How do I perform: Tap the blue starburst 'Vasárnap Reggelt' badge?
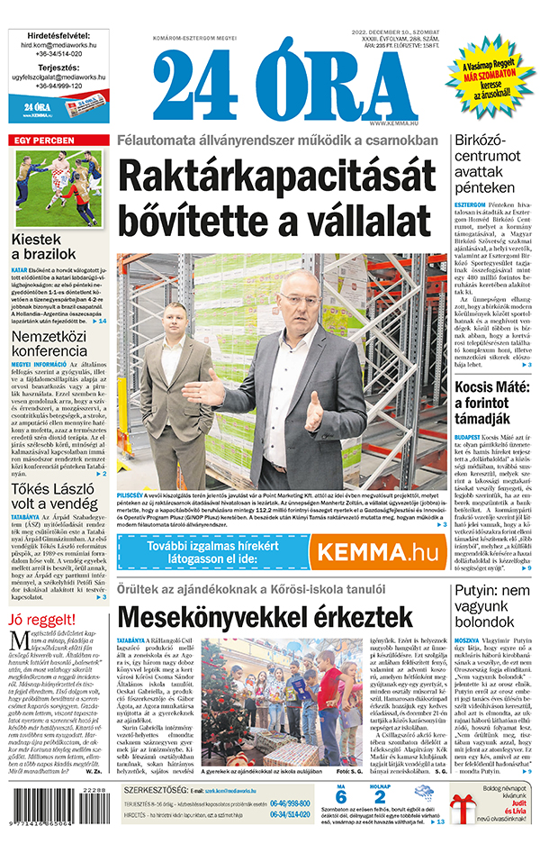[x=490, y=72]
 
